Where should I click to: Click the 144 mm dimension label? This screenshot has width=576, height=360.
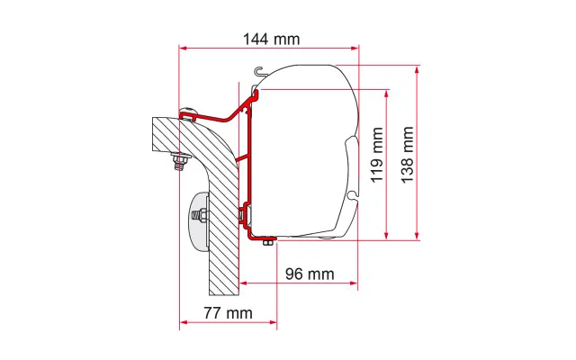pos(272,39)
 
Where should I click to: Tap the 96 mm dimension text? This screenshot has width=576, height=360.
pos(310,274)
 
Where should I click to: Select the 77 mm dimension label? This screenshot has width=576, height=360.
pos(228,313)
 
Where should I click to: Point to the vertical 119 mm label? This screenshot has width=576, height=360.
pos(377,155)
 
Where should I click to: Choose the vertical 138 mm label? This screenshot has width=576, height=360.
pos(407,155)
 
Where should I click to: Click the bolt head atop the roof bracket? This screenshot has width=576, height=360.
pos(188,111)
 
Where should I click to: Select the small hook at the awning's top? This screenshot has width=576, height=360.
pos(259,71)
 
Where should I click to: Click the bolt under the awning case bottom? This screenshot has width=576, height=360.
pos(268,241)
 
